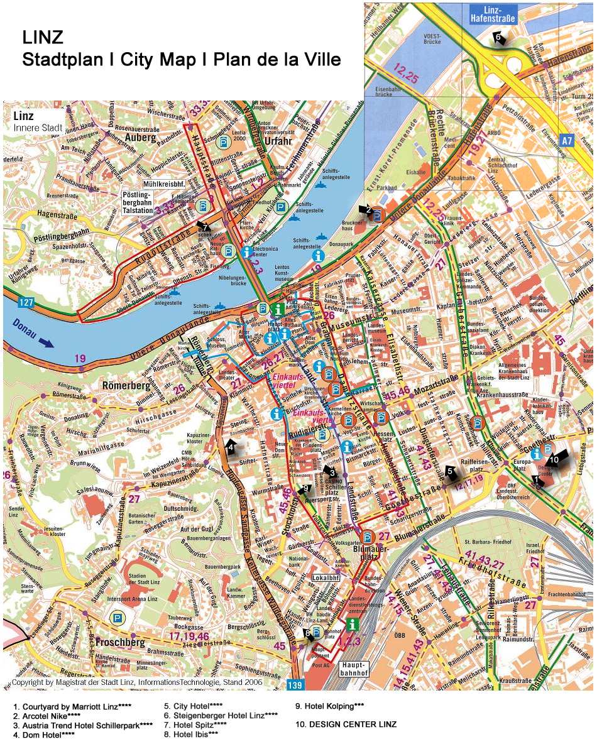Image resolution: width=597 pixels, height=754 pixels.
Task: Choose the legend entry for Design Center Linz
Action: pos(346,724)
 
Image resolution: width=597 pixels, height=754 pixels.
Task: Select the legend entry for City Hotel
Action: pos(194,706)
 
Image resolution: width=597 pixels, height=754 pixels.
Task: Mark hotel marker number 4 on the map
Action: pos(231,447)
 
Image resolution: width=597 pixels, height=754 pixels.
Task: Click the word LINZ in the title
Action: pos(43,38)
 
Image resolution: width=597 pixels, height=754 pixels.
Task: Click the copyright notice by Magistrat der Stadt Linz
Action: pos(137,682)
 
